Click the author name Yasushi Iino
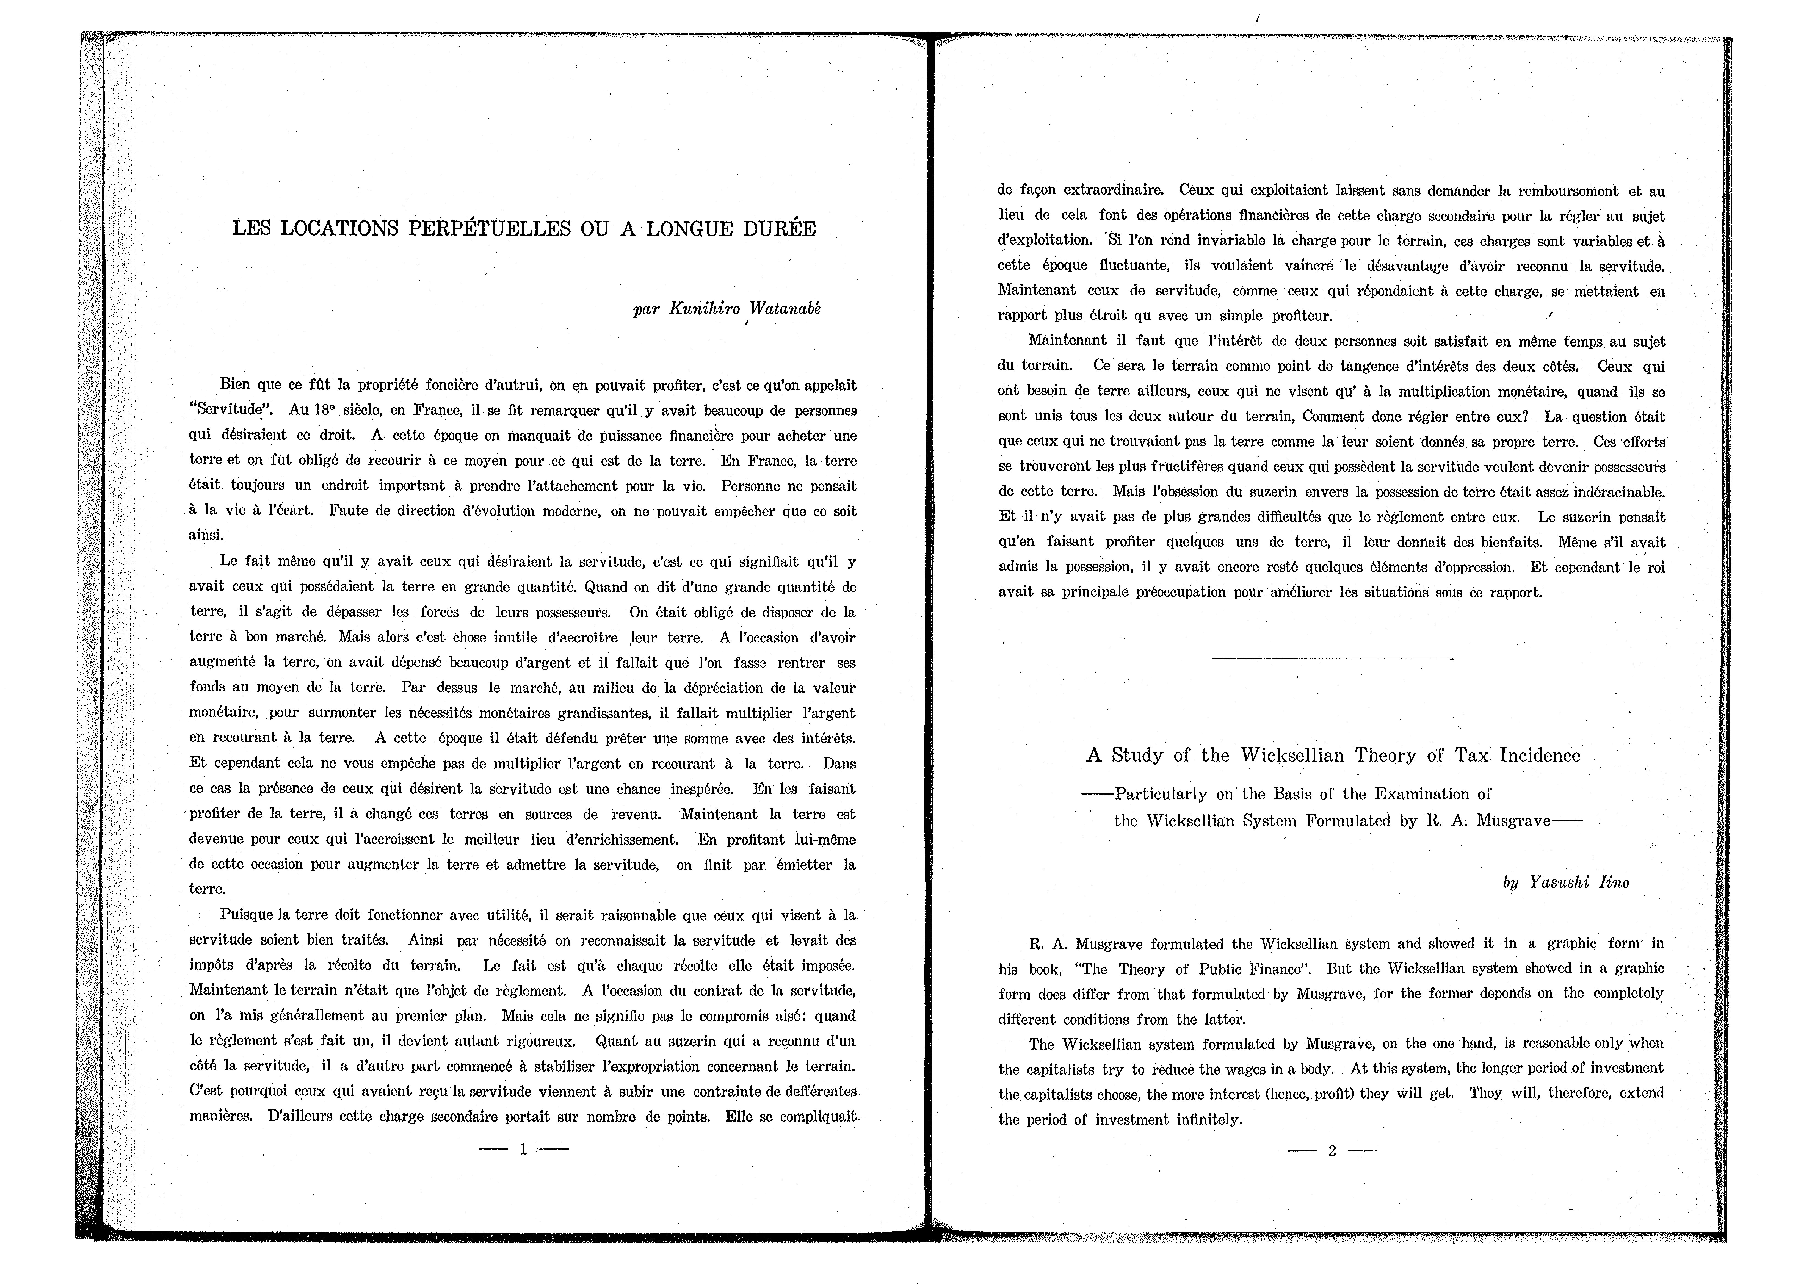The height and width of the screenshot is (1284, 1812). point(1565,882)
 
